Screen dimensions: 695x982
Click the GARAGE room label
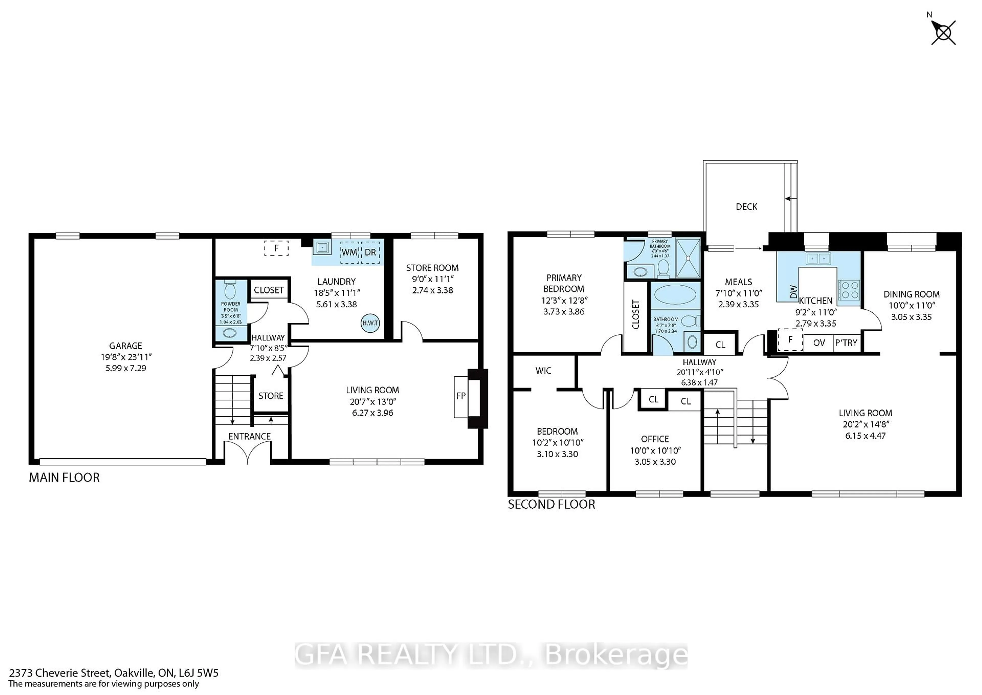[125, 345]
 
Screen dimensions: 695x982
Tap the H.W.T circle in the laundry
[370, 323]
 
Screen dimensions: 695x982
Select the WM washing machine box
[349, 252]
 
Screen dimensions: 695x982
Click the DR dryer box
[370, 252]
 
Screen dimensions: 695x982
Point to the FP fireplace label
[461, 396]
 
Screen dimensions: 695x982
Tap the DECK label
[746, 207]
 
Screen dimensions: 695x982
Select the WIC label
[543, 371]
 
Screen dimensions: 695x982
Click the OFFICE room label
[655, 439]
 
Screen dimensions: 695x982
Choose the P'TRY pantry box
[846, 343]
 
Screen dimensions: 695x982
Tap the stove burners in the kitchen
[848, 289]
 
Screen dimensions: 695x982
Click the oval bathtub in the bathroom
[675, 295]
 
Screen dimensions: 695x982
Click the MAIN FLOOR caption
[64, 477]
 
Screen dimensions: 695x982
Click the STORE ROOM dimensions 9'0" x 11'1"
[432, 279]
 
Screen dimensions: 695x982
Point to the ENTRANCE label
[249, 436]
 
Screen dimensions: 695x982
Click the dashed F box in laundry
[276, 248]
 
